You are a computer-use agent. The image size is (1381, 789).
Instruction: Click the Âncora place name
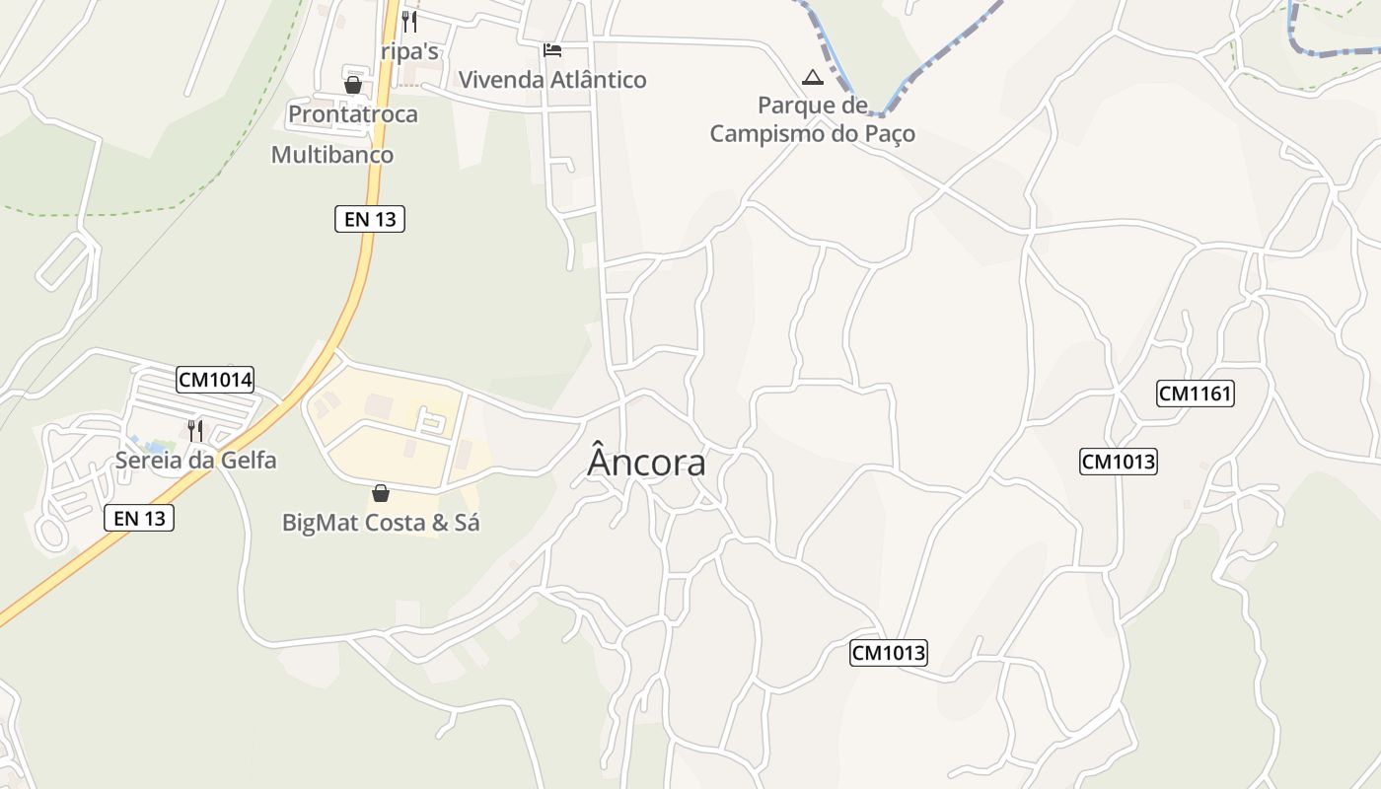point(646,463)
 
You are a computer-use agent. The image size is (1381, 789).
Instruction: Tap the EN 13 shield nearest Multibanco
point(370,219)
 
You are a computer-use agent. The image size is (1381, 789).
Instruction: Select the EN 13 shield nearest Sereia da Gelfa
point(139,518)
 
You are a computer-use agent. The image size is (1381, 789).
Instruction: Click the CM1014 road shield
point(215,379)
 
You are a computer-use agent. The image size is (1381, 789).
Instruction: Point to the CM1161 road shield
point(1196,394)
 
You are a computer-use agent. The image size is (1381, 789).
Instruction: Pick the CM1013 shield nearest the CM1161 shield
point(1118,462)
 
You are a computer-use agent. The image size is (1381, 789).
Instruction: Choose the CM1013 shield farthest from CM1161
point(889,652)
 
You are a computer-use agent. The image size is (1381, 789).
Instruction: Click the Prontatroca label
point(352,114)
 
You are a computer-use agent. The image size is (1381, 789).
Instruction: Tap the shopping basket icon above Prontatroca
point(352,85)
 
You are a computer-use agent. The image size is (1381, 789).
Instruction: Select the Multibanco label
point(331,155)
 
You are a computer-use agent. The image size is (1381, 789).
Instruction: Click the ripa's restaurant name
point(409,51)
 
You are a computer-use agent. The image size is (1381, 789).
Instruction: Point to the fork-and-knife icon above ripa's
point(409,21)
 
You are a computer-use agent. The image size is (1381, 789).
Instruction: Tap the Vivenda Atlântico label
point(552,80)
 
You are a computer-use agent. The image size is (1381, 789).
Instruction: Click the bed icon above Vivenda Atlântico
point(552,49)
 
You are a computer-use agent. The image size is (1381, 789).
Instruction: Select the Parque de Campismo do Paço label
point(812,119)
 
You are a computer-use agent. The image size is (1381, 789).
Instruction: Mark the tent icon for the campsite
point(812,77)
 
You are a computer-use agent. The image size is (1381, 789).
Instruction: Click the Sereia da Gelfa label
point(195,460)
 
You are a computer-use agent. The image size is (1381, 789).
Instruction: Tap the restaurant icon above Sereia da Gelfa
point(195,430)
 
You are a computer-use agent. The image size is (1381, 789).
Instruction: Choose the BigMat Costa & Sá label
point(381,523)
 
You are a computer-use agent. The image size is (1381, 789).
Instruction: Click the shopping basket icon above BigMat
point(381,492)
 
